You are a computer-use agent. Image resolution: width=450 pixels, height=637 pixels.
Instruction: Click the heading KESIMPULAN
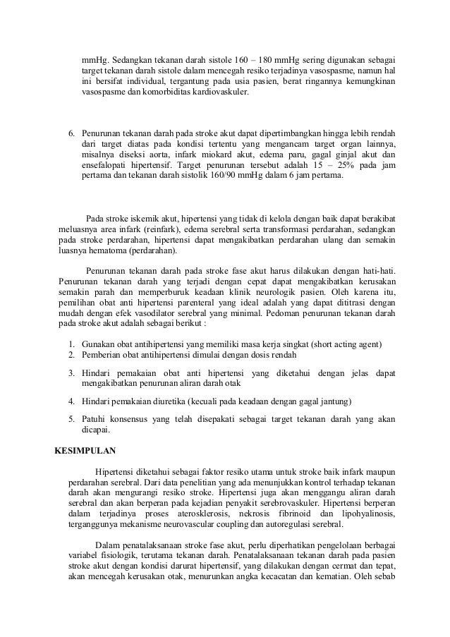click(85, 449)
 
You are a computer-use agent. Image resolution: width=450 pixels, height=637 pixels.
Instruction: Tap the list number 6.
click(71, 133)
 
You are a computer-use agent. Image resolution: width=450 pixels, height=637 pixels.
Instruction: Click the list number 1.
click(72, 344)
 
